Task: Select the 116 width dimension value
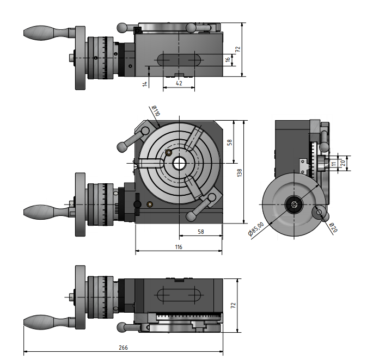tap(179, 246)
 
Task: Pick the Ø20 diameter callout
tap(333, 227)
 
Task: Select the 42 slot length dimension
tap(179, 83)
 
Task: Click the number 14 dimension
tap(145, 83)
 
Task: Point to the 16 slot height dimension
tap(228, 60)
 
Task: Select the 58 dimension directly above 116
tap(200, 232)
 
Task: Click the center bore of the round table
tap(179, 163)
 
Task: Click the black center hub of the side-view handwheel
tap(294, 204)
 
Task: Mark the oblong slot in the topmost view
tap(179, 59)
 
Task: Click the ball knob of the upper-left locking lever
tap(121, 146)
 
